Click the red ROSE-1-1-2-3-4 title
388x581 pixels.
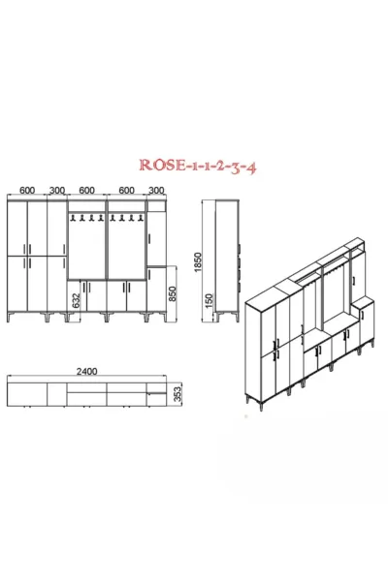pyautogui.click(x=198, y=166)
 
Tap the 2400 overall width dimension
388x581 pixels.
pyautogui.click(x=86, y=371)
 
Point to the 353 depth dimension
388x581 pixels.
pyautogui.click(x=178, y=393)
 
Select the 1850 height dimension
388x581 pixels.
pyautogui.click(x=198, y=262)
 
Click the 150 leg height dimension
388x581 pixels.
pyautogui.click(x=210, y=301)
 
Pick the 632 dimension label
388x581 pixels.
pyautogui.click(x=76, y=301)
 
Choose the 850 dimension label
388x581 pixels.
pyautogui.click(x=173, y=293)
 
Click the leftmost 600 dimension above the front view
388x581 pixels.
pyautogui.click(x=27, y=191)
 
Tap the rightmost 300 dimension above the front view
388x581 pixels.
pyautogui.click(x=156, y=190)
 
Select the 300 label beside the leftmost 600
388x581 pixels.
pyautogui.click(x=57, y=191)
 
